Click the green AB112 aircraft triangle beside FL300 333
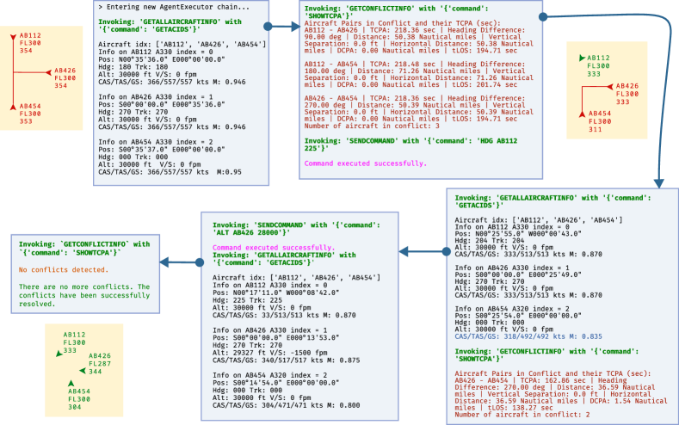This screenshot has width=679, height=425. click(x=582, y=59)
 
